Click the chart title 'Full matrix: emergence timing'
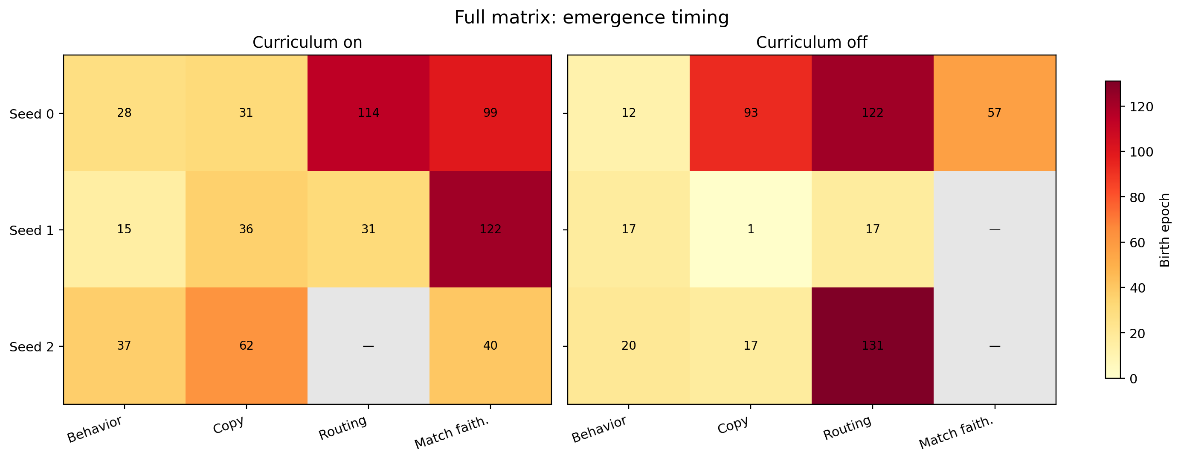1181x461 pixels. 591,18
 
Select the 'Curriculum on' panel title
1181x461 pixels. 307,43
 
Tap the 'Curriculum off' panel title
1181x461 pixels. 812,43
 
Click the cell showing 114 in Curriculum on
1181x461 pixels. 368,113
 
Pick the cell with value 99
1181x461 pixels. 490,113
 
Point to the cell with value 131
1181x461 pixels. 872,346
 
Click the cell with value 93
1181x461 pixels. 751,113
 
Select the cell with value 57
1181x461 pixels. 995,113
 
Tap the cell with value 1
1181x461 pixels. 751,229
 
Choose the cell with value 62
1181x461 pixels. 246,346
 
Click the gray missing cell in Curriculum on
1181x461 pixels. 368,346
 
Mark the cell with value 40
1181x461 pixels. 490,346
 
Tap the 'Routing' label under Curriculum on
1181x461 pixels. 343,428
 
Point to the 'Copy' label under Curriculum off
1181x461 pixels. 733,425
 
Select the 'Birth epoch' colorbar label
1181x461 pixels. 1165,230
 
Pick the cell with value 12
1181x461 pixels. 629,113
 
